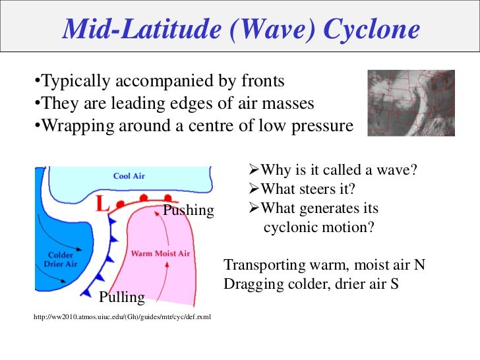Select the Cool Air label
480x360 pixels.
tap(129, 176)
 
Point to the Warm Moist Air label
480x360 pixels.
tap(160, 253)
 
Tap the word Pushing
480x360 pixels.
tap(189, 210)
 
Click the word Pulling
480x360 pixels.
tap(121, 297)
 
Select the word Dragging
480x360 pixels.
tap(252, 284)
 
